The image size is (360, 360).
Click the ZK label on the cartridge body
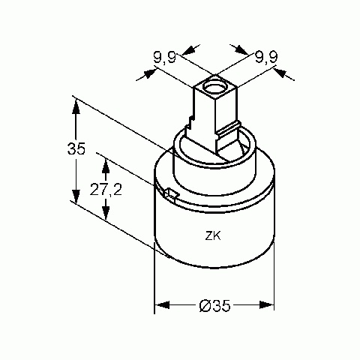click(x=213, y=236)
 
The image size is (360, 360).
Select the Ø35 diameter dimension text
click(x=214, y=305)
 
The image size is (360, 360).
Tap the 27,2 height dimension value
click(x=106, y=190)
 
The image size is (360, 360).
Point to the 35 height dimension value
click(x=76, y=148)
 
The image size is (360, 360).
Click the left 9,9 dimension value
click(x=165, y=58)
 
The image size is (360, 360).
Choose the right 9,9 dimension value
click(x=266, y=58)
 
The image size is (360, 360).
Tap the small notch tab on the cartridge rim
click(x=171, y=193)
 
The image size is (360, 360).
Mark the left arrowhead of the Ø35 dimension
click(x=163, y=305)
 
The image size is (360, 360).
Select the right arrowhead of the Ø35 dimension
click(x=267, y=305)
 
